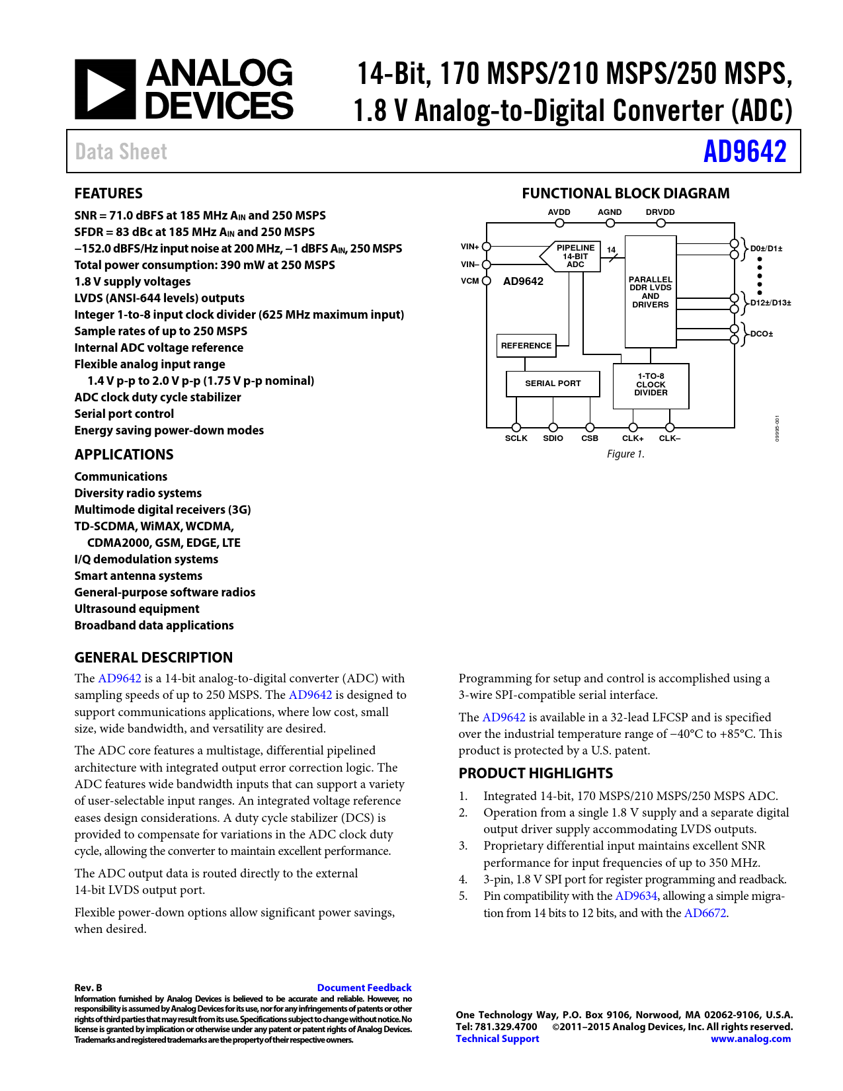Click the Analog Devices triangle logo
(105, 89)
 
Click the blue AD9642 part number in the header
(744, 151)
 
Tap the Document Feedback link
(364, 987)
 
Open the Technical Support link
(497, 1039)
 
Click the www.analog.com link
(750, 1039)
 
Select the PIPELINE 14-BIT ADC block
(573, 256)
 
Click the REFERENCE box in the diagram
(526, 345)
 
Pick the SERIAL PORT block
(553, 384)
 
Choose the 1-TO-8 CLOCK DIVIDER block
(651, 385)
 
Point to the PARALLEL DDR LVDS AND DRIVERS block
(651, 292)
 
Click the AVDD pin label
(559, 212)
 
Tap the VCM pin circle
(487, 281)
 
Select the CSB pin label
(590, 438)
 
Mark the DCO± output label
(761, 334)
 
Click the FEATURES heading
(108, 194)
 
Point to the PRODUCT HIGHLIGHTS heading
(536, 774)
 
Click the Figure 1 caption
(625, 454)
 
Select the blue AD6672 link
(705, 913)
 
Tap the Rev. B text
(89, 988)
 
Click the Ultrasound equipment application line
(137, 609)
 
